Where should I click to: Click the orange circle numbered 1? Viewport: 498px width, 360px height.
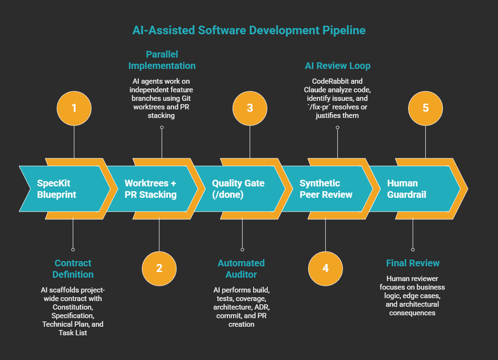pos(74,107)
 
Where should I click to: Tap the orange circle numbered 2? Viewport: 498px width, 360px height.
pos(159,268)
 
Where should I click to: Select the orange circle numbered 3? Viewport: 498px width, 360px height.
pos(250,107)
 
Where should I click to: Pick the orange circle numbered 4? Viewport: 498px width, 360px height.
pos(325,268)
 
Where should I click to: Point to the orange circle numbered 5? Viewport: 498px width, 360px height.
pos(425,107)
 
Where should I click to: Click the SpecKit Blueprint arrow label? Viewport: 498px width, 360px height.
pos(57,189)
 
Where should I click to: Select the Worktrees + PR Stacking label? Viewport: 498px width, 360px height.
pos(150,189)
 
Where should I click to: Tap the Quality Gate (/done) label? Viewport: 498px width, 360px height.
pos(238,189)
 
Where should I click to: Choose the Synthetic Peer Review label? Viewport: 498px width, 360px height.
pos(326,189)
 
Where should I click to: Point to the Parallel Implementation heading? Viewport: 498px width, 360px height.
pos(162,59)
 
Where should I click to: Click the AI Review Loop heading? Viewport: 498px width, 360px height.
pos(337,66)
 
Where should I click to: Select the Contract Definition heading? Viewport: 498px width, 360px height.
pos(73,269)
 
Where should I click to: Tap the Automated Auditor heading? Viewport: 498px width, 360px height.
pos(241,269)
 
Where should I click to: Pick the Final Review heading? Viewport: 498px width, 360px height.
pos(413,263)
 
